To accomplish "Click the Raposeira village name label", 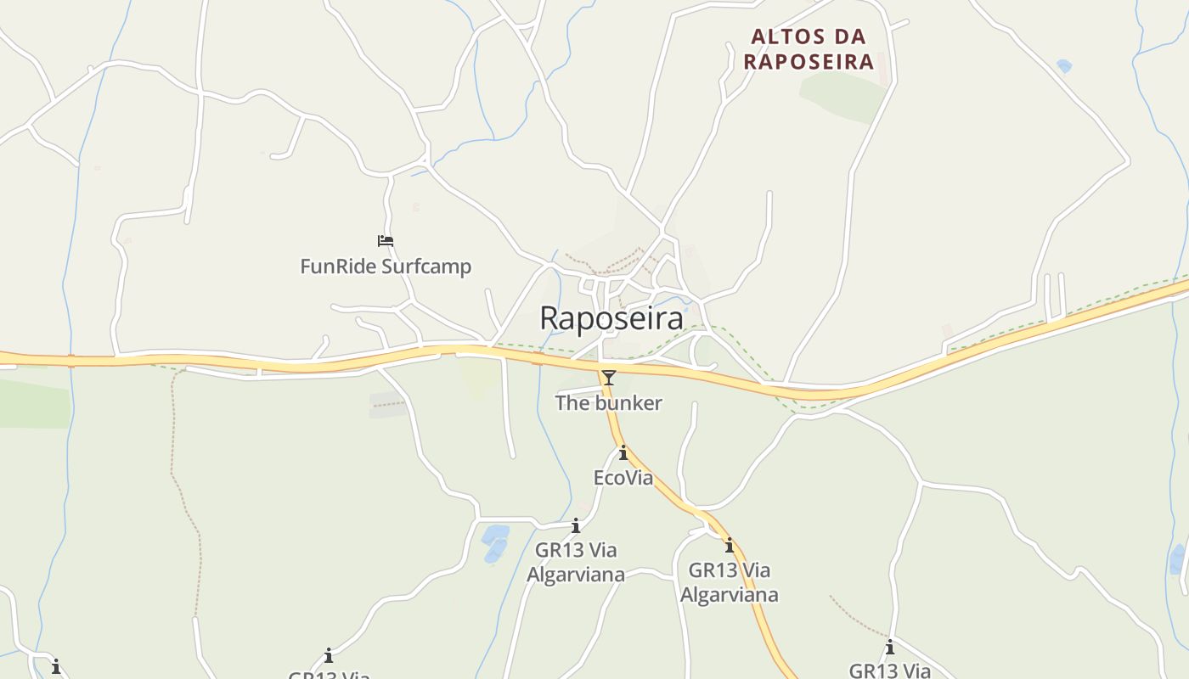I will click(x=611, y=318).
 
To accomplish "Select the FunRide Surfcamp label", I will click(x=386, y=267).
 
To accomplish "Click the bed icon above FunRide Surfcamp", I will click(x=386, y=241).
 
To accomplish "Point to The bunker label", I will click(x=608, y=403).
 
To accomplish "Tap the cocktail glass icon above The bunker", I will click(x=608, y=378).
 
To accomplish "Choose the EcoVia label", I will click(x=623, y=478).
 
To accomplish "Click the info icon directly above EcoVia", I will click(x=623, y=453).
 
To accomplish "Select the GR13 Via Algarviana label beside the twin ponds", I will click(x=576, y=562).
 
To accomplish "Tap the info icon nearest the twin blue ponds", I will click(x=576, y=526).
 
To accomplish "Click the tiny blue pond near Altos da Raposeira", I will click(x=1064, y=65).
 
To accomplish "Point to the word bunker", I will click(x=628, y=403).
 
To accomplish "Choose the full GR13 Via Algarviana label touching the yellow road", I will click(x=729, y=581).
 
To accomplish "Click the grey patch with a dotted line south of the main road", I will click(x=388, y=405).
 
